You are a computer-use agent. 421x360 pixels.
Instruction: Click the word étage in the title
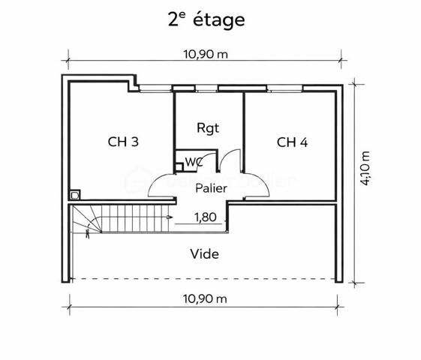[x=218, y=20]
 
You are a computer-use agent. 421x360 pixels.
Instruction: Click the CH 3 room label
[x=122, y=141]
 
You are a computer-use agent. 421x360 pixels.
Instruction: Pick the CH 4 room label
[x=292, y=142]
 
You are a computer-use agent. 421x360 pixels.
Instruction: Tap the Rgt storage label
[x=208, y=127]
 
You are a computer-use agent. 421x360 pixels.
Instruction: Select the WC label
[x=193, y=160]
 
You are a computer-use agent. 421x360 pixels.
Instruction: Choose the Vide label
[x=205, y=254]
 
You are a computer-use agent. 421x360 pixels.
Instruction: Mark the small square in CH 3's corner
[x=74, y=193]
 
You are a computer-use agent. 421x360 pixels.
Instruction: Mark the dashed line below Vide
[x=204, y=279]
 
